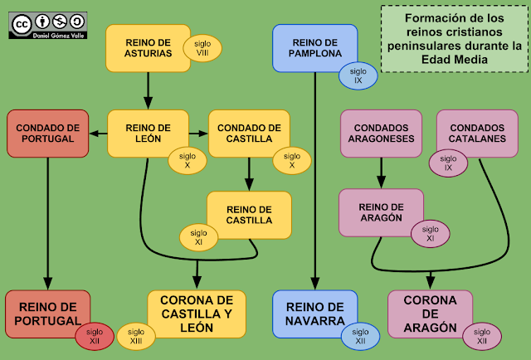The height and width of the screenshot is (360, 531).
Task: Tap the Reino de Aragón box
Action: click(380, 211)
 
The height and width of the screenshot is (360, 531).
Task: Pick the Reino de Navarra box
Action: click(313, 314)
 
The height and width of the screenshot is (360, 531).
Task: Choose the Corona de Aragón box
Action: click(430, 314)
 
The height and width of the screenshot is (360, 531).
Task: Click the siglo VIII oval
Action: click(202, 48)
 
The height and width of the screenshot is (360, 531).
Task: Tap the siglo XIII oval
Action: click(135, 336)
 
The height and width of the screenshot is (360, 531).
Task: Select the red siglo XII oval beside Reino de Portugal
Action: click(95, 336)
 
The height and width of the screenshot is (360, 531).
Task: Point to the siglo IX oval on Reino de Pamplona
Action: click(358, 75)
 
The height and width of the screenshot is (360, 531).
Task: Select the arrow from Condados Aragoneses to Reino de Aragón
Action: click(382, 173)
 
